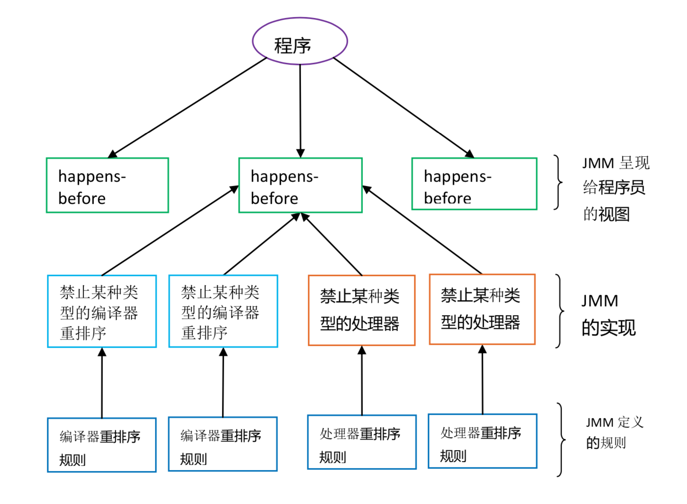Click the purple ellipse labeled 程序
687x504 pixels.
[300, 42]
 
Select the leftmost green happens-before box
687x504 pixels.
[108, 185]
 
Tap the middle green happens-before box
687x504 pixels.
[301, 185]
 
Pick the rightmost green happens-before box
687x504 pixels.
[474, 184]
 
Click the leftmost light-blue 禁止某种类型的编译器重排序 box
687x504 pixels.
[102, 311]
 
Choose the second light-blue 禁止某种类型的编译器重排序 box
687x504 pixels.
[223, 311]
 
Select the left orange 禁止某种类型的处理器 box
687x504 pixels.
[361, 311]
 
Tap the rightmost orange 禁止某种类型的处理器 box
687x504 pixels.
[482, 310]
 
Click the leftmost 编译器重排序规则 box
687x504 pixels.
[102, 445]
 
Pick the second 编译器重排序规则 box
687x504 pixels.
[223, 444]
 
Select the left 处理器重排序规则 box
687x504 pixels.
[362, 442]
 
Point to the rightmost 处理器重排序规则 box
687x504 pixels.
[482, 441]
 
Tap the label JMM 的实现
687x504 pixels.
[608, 314]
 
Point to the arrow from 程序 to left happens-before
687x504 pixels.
[189, 107]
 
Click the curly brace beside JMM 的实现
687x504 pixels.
[560, 311]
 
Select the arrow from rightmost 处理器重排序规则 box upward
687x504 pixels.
[482, 380]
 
